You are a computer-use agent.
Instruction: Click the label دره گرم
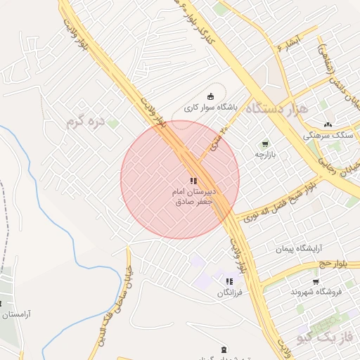85,122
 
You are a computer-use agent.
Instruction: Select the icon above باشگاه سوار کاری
209,97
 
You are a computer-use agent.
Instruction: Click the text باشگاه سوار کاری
212,108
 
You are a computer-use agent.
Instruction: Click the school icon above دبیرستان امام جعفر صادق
193,181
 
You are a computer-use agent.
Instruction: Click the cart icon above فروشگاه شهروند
316,280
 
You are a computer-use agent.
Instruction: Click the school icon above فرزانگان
229,281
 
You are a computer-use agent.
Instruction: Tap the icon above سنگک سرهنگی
328,124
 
